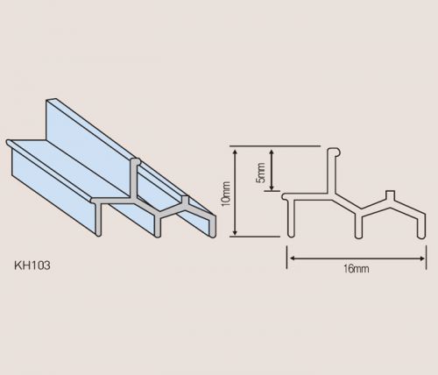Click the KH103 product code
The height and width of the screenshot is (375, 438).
pyautogui.click(x=32, y=265)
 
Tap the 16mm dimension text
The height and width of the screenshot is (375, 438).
pyautogui.click(x=357, y=269)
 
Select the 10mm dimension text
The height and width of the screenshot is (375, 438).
pyautogui.click(x=226, y=194)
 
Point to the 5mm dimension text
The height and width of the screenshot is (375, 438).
pyautogui.click(x=260, y=173)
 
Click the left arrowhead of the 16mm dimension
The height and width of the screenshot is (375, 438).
pyautogui.click(x=292, y=258)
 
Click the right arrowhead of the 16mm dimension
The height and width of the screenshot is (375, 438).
pyautogui.click(x=421, y=258)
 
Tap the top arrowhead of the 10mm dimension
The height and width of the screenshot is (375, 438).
pyautogui.click(x=235, y=152)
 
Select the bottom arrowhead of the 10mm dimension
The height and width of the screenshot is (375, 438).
pyautogui.click(x=235, y=232)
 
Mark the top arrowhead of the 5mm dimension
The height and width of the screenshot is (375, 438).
pyautogui.click(x=272, y=153)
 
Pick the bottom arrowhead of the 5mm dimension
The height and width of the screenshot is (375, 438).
pyautogui.click(x=272, y=187)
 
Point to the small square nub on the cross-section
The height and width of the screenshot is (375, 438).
pyautogui.click(x=390, y=195)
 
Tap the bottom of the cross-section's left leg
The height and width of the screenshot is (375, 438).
pyautogui.click(x=291, y=235)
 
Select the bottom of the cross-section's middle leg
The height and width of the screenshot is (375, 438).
pyautogui.click(x=358, y=235)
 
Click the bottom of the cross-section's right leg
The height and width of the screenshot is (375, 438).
pyautogui.click(x=420, y=235)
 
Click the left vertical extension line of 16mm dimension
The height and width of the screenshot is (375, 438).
pyautogui.click(x=287, y=257)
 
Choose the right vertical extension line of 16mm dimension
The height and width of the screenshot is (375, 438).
pyautogui.click(x=427, y=257)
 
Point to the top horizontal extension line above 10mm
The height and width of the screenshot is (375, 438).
pyautogui.click(x=275, y=145)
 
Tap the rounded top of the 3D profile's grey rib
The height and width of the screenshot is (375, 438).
pyautogui.click(x=135, y=161)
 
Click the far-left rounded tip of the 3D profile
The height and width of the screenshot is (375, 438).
pyautogui.click(x=9, y=143)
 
